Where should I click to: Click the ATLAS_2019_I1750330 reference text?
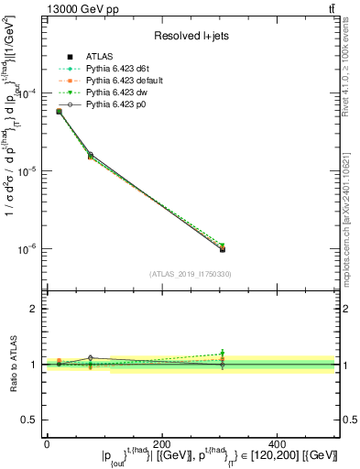[x=190, y=274]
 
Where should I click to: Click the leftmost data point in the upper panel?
[x=59, y=111]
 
